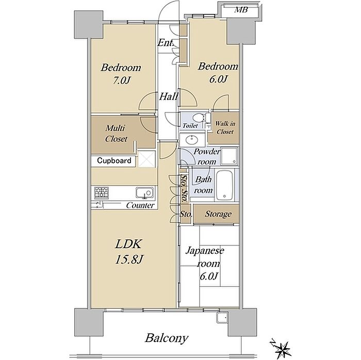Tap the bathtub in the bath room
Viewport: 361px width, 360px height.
coord(224,186)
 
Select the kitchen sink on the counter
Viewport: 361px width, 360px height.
coord(144,193)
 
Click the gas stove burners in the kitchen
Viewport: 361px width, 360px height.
coord(102,193)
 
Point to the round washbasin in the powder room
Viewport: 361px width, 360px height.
coord(191,139)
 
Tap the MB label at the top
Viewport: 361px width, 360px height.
coord(241,10)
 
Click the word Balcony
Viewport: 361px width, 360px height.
coord(167,338)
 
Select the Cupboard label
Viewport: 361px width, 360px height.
coord(114,160)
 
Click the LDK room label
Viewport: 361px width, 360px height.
coord(128,244)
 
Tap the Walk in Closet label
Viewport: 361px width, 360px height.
coord(225,127)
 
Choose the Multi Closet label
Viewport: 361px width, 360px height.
coord(116,133)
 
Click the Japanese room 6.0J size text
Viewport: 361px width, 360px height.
coord(208,276)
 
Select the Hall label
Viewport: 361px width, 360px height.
coord(169,96)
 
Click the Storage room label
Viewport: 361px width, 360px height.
coord(218,214)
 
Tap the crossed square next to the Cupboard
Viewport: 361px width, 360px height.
coord(146,159)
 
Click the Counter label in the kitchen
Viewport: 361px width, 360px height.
coord(140,205)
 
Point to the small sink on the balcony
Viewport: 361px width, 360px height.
coord(221,318)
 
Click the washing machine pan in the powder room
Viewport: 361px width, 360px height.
coord(229,156)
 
